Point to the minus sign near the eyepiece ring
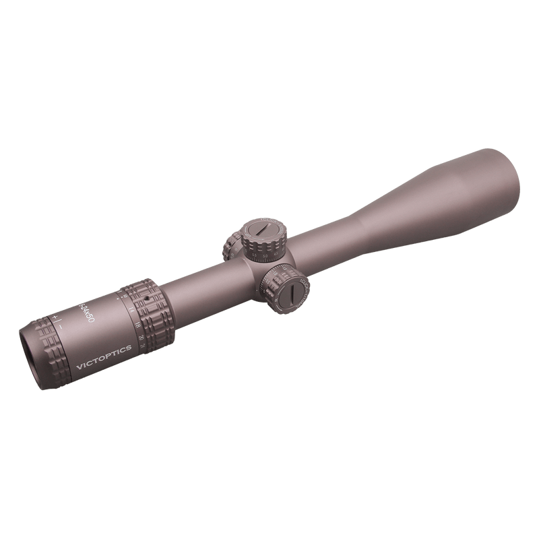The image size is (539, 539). pyautogui.click(x=63, y=325)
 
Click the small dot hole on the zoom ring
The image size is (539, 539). pyautogui.click(x=147, y=297)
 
